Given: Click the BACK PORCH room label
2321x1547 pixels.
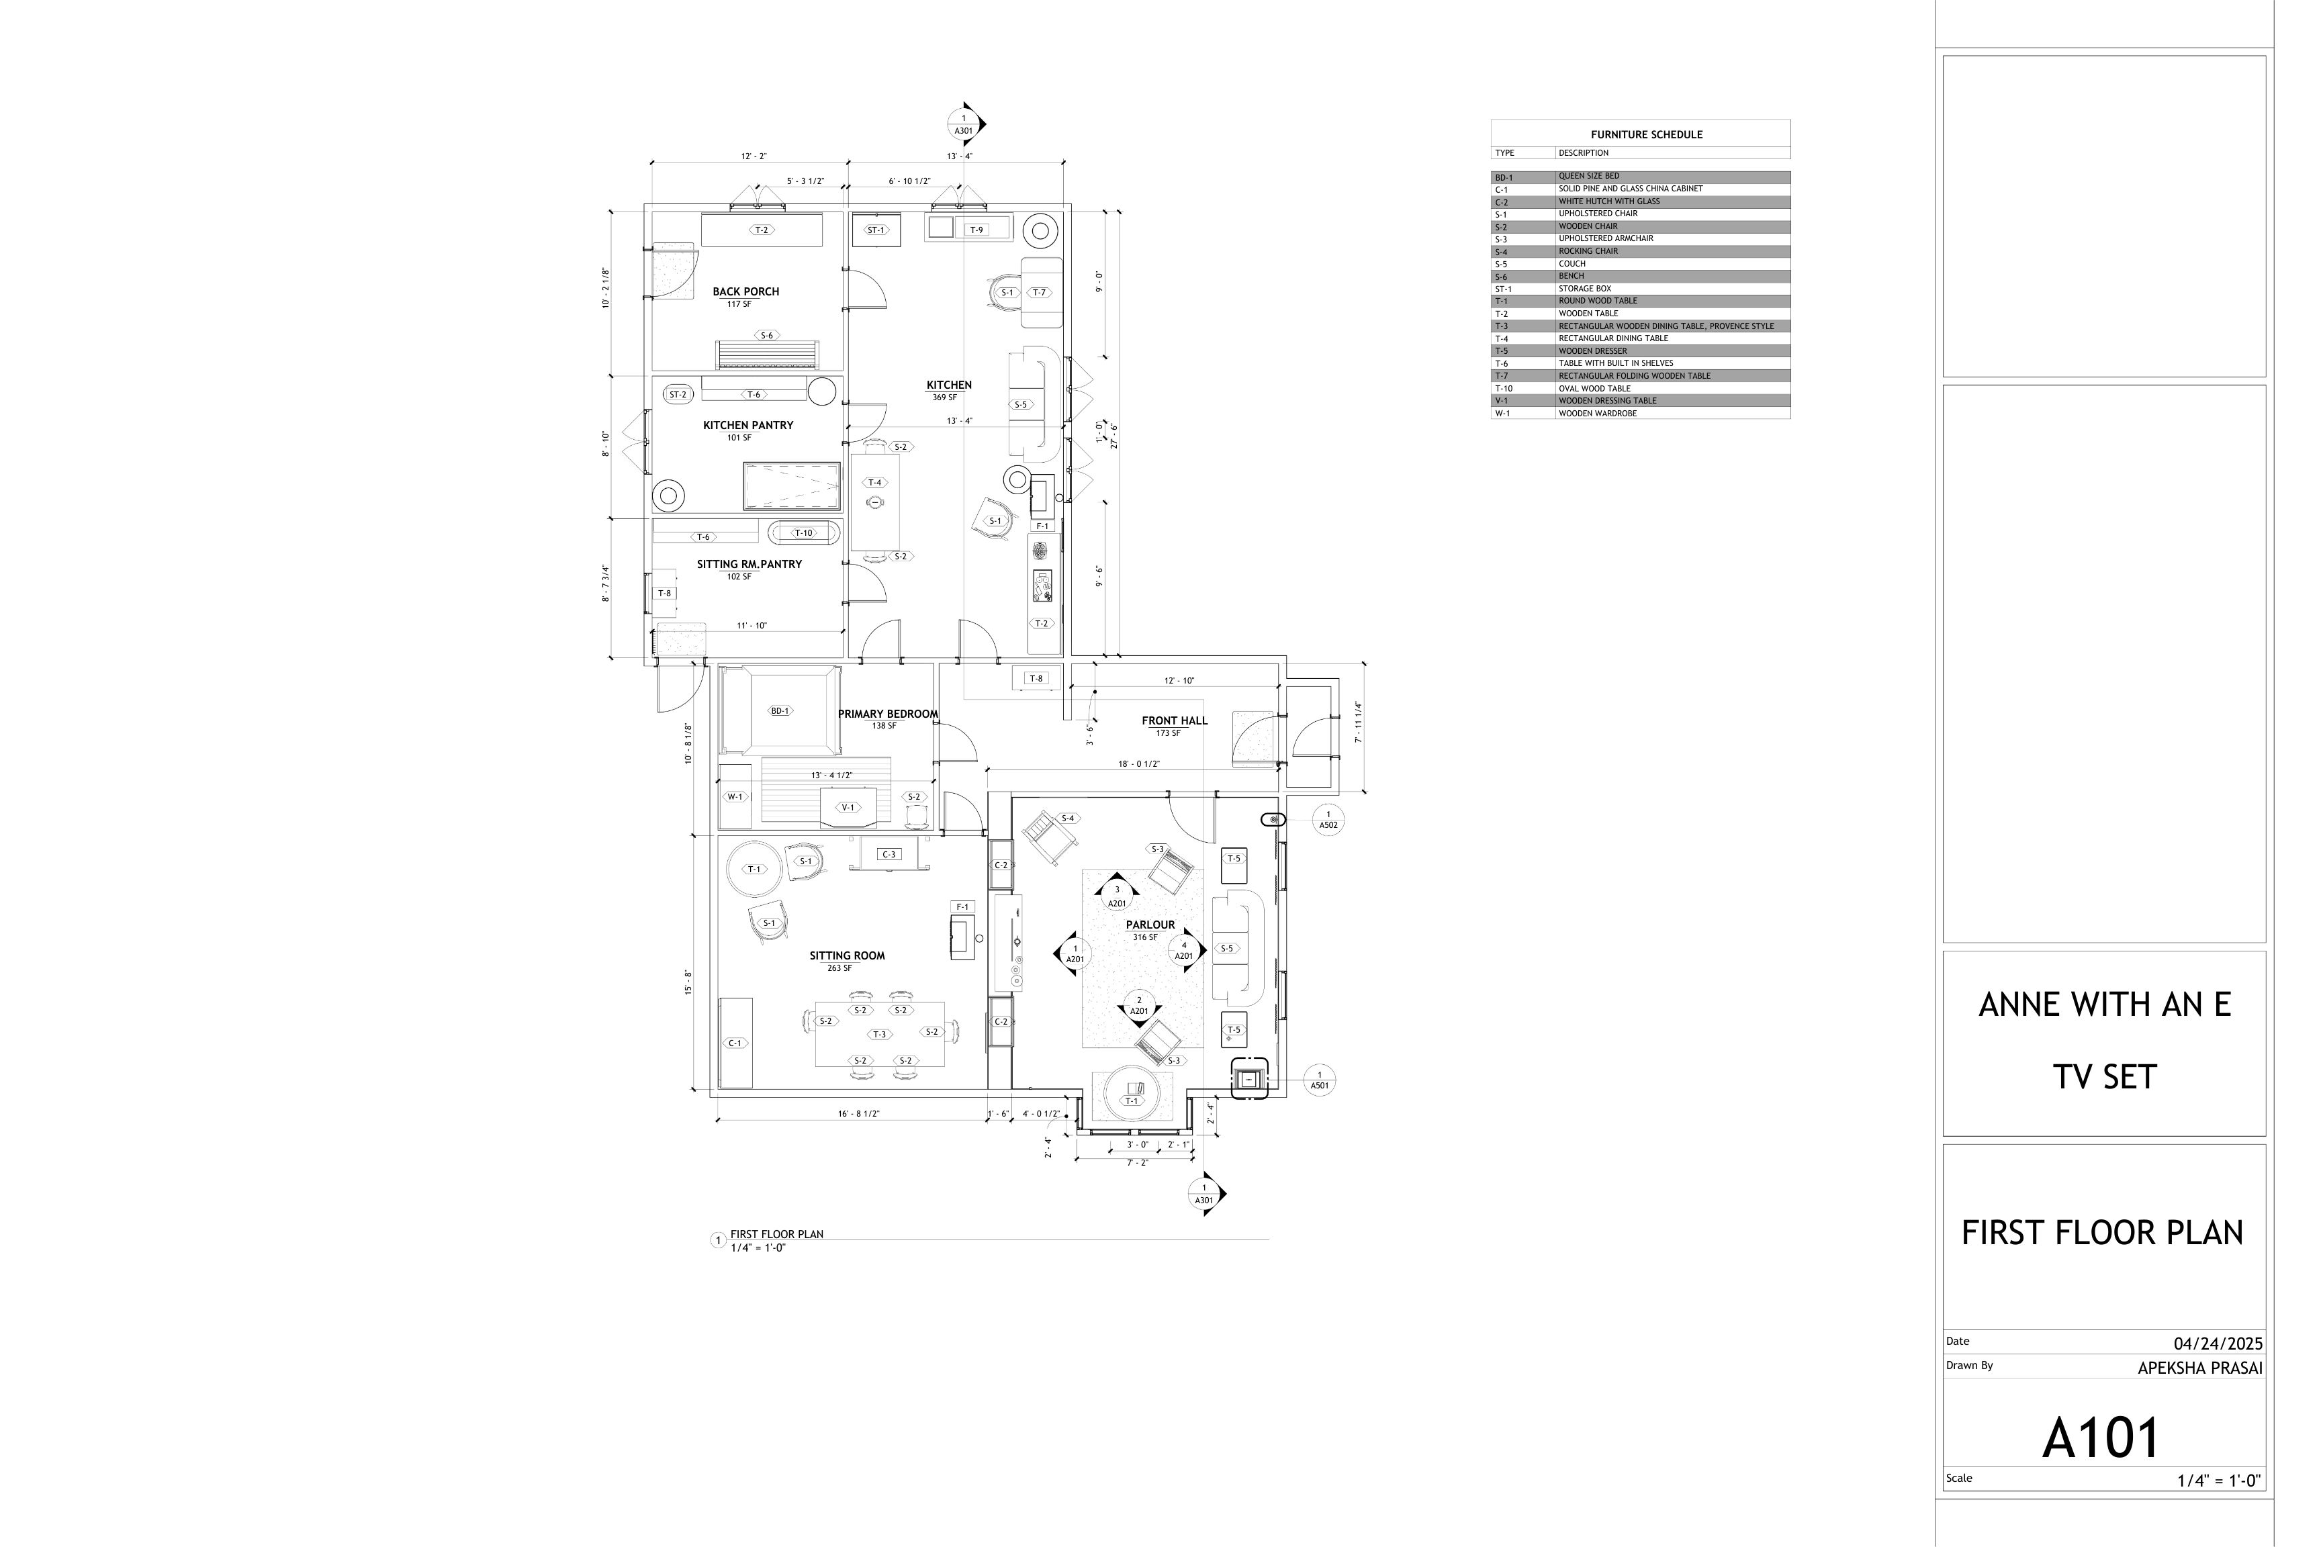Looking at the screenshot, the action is [746, 292].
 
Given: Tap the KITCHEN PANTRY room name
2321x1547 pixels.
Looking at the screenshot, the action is [748, 425].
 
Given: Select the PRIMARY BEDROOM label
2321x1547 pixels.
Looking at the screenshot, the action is [887, 714].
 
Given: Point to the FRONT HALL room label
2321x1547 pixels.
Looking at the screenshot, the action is [1175, 721].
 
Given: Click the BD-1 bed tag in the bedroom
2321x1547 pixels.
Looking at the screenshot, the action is [780, 710].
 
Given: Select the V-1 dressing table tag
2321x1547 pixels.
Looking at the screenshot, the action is [848, 808].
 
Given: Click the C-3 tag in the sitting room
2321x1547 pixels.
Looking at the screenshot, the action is [889, 854].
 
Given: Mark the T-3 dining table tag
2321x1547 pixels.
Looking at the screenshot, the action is [879, 1035].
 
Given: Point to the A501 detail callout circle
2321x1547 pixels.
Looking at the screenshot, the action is [1320, 1080].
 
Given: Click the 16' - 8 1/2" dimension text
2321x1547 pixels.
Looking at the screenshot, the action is [858, 1114].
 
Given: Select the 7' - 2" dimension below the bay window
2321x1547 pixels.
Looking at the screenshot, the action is [1138, 1163].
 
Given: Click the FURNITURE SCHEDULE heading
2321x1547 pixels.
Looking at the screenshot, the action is [1646, 135].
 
